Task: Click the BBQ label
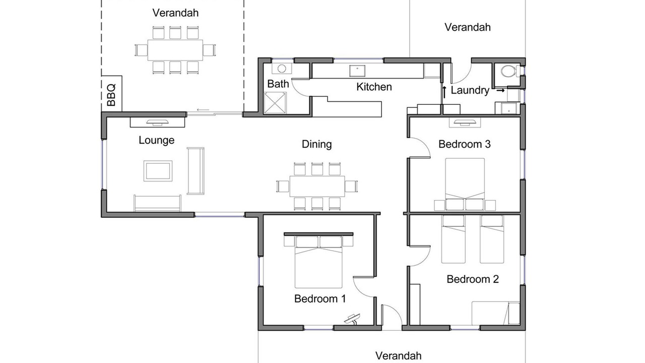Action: point(111,95)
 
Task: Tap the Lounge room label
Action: point(156,140)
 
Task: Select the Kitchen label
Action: point(374,87)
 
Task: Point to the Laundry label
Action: point(470,90)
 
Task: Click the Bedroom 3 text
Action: point(465,144)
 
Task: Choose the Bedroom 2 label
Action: point(473,279)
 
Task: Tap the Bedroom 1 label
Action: point(320,299)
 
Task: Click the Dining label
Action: point(317,144)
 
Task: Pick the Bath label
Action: point(278,84)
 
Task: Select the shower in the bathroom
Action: point(275,103)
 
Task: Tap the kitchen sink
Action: point(357,71)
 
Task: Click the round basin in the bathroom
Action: point(282,69)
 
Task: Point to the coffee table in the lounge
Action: point(158,171)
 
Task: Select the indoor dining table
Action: point(317,186)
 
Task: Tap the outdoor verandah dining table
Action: point(175,50)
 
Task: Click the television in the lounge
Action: point(157,123)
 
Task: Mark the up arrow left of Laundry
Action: point(444,92)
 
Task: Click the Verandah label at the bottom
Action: point(398,356)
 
